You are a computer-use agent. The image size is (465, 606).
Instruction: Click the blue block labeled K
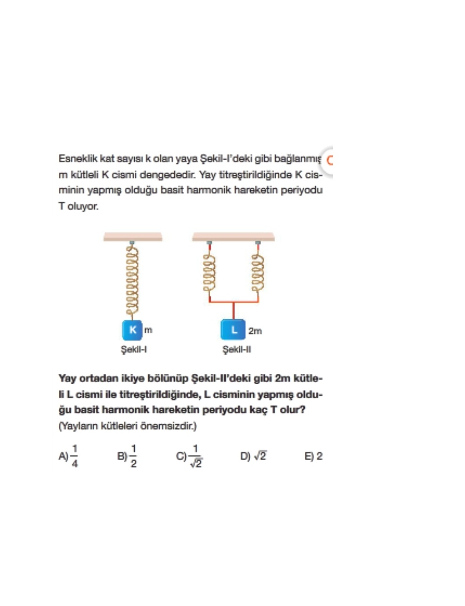132,330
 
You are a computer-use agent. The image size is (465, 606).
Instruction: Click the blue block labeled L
233,330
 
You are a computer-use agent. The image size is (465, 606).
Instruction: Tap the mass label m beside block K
148,330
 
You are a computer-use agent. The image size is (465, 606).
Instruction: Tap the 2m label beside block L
255,331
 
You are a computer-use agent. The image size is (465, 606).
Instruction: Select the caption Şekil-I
134,349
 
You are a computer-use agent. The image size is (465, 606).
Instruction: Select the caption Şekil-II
237,349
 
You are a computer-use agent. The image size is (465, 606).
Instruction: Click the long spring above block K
132,280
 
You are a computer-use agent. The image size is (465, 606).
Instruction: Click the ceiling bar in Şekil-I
133,237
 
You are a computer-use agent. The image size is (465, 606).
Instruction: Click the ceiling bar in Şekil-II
234,237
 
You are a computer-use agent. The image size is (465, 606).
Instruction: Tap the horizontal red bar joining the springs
234,302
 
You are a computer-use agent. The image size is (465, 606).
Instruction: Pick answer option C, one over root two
190,456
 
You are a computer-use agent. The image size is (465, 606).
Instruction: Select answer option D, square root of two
253,456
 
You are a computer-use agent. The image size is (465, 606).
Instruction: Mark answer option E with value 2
313,456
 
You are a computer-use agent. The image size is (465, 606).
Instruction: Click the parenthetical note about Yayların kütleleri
128,427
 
